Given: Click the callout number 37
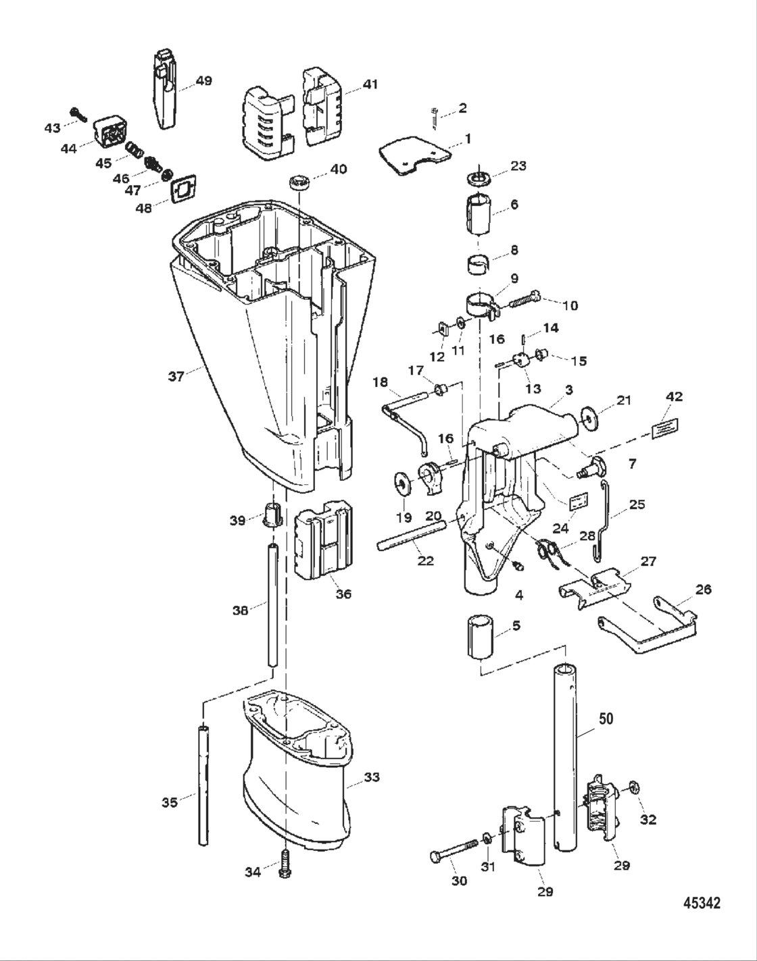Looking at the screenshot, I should click(x=176, y=376).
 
